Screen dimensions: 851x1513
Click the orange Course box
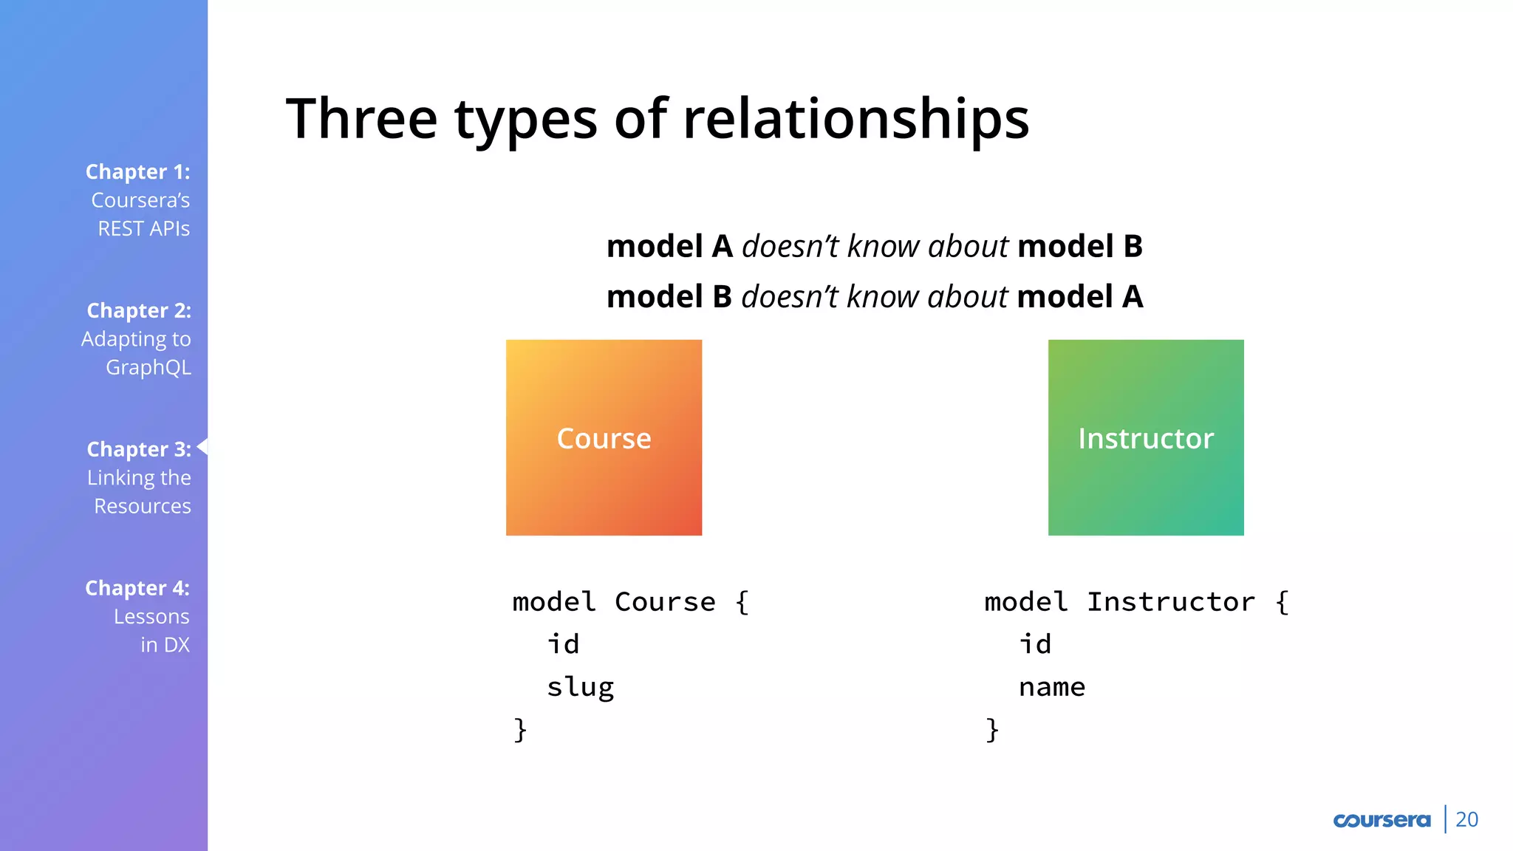pyautogui.click(x=604, y=437)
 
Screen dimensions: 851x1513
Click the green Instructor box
pyautogui.click(x=1146, y=437)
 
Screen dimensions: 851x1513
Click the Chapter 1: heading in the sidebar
pyautogui.click(x=137, y=171)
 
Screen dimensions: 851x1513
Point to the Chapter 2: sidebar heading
pyautogui.click(x=139, y=310)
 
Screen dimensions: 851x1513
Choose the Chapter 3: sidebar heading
pyautogui.click(x=139, y=449)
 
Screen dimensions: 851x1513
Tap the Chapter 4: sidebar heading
pyautogui.click(x=137, y=588)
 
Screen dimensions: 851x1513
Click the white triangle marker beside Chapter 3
pyautogui.click(x=202, y=446)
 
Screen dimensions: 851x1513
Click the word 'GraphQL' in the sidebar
pyautogui.click(x=148, y=367)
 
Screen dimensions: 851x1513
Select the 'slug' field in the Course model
pyautogui.click(x=580, y=687)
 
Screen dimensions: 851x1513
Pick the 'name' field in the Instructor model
pyautogui.click(x=1051, y=687)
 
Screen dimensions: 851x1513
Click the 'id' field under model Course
pyautogui.click(x=563, y=644)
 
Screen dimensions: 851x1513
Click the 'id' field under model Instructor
pyautogui.click(x=1034, y=644)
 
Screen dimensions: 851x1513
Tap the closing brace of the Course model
pyautogui.click(x=520, y=729)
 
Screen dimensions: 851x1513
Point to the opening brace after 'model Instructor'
pyautogui.click(x=1283, y=602)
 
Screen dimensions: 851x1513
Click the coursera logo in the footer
pyautogui.click(x=1381, y=820)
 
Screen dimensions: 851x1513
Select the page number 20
pyautogui.click(x=1466, y=820)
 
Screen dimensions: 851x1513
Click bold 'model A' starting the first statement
pyautogui.click(x=669, y=246)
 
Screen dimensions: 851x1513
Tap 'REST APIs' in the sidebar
pyautogui.click(x=143, y=228)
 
